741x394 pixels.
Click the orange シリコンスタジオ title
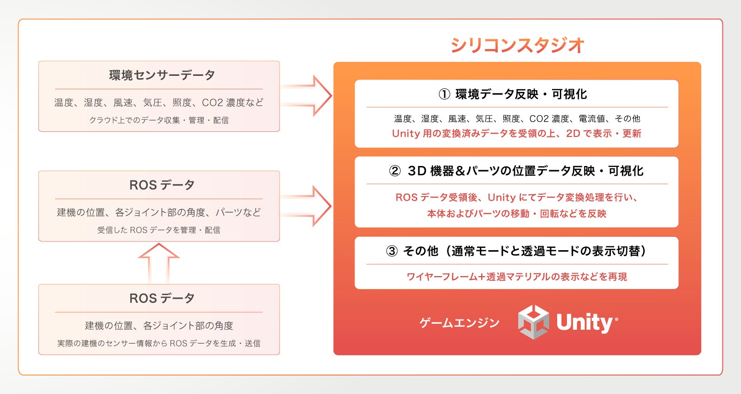coord(517,45)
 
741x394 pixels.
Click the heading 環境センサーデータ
coord(162,75)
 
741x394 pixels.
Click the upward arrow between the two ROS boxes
coord(158,263)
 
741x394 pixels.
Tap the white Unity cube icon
coord(534,322)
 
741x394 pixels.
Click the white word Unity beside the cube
coord(584,322)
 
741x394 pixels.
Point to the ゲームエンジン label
coord(459,323)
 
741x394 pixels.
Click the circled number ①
coord(444,94)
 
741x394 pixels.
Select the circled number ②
coord(395,171)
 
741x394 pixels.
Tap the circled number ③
coord(392,251)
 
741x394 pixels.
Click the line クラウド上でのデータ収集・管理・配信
coord(159,120)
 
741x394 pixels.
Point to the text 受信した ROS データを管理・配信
coord(159,230)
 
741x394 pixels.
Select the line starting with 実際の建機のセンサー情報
coord(159,343)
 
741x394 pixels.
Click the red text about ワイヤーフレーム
coord(516,277)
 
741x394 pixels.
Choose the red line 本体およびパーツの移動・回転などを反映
coord(516,214)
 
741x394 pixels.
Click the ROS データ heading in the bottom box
coord(162,298)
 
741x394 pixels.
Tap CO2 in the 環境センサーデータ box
coord(213,103)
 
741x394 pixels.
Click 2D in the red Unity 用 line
coord(573,134)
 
